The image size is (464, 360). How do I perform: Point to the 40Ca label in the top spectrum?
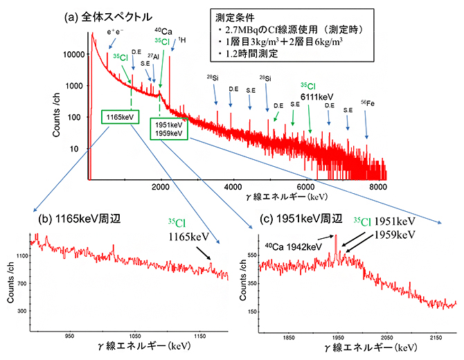coord(163,32)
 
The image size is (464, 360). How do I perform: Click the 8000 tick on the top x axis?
coord(377,186)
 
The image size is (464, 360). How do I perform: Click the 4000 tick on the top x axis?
coord(233,186)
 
